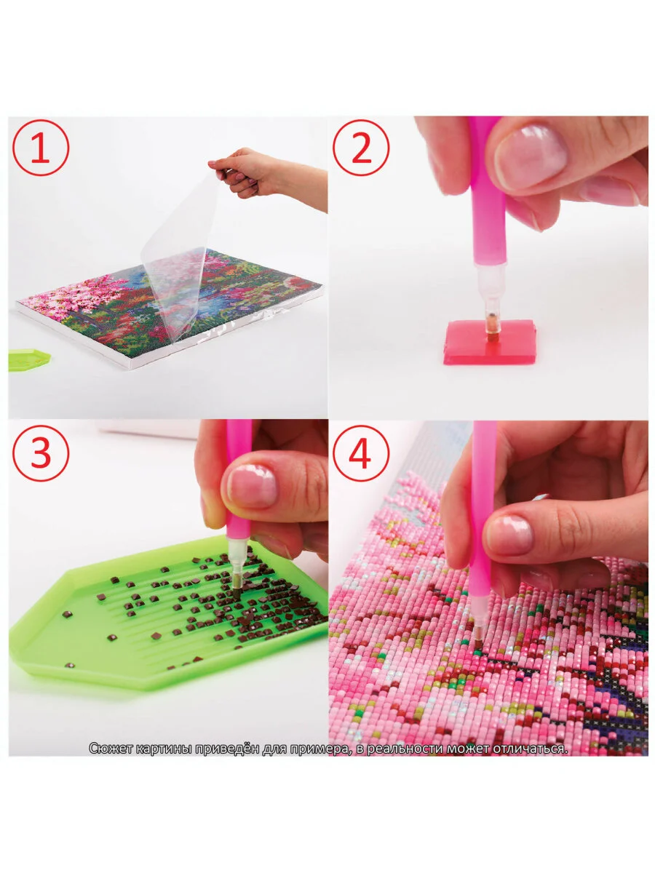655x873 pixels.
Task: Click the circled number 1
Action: point(41,148)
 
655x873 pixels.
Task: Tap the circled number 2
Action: point(361,148)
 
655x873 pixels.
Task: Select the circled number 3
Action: point(41,453)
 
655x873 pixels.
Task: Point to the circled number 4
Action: point(361,453)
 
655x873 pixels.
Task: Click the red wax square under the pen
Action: point(489,342)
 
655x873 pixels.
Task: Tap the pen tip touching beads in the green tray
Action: point(237,594)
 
